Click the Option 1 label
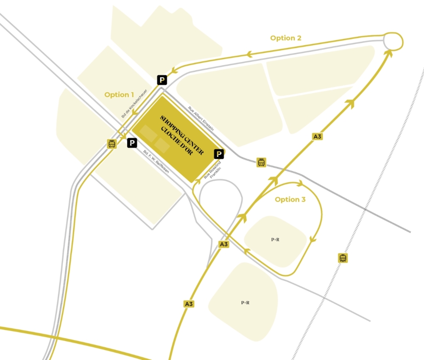tap(119, 95)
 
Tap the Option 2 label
tap(286, 38)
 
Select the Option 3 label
tap(290, 199)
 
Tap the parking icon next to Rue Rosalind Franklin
tap(219, 154)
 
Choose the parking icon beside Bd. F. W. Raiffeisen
tap(132, 143)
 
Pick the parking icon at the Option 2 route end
tap(162, 79)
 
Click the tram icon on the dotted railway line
tap(343, 258)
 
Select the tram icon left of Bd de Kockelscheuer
tap(112, 144)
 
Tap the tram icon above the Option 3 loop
tap(262, 162)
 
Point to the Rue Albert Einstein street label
tap(201, 118)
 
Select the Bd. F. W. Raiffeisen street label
tap(156, 162)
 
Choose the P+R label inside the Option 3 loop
tap(275, 239)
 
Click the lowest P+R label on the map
tap(245, 302)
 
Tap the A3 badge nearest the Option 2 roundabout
tap(317, 136)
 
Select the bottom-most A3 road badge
tap(189, 304)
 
